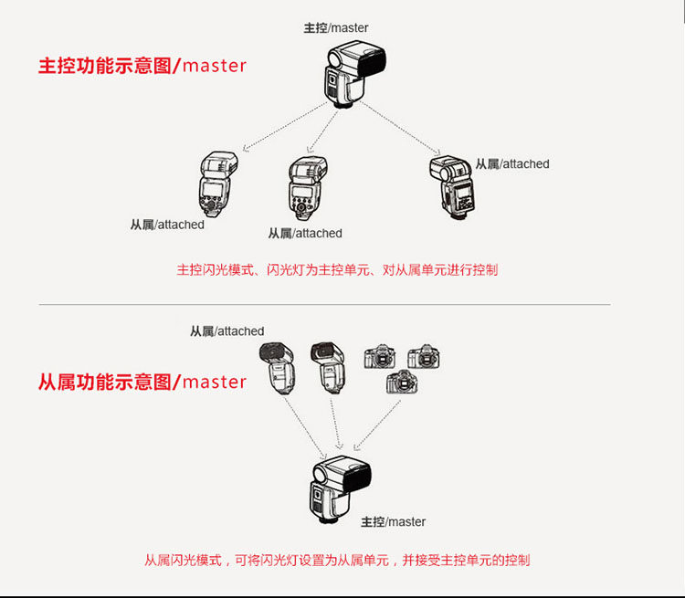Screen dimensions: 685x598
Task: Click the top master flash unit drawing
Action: (354, 74)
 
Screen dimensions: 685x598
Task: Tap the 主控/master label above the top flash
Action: (336, 28)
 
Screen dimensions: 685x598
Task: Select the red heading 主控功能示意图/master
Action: (142, 66)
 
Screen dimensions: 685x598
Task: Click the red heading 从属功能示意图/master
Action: (142, 382)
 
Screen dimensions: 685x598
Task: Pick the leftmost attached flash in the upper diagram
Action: (218, 184)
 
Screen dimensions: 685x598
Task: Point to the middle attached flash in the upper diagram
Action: (307, 188)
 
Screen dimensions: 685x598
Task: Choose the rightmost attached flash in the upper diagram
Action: (452, 187)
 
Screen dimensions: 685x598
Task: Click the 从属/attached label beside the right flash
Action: (512, 164)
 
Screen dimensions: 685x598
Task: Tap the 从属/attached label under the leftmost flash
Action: (167, 225)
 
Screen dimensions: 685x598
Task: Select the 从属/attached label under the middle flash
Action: (305, 234)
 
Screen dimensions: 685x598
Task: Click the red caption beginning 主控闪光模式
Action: (337, 270)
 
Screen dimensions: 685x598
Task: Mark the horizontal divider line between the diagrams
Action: (324, 304)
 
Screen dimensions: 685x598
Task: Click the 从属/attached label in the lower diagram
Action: (227, 331)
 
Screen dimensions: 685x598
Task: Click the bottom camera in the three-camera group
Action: (402, 382)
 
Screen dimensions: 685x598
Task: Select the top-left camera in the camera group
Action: (380, 356)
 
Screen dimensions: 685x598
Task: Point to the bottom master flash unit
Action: (342, 489)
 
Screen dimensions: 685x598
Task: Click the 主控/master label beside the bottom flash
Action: (393, 522)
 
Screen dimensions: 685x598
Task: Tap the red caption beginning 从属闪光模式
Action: (337, 560)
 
